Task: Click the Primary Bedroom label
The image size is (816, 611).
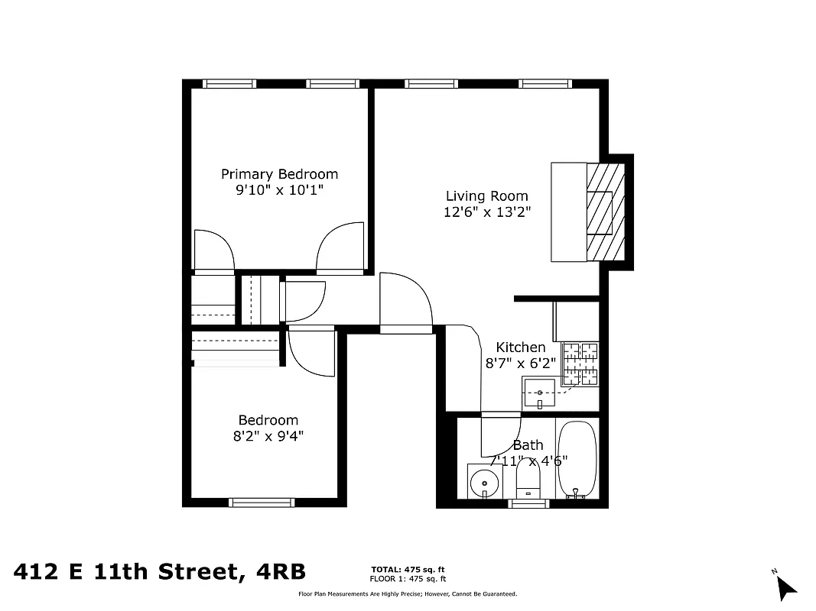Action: tap(279, 174)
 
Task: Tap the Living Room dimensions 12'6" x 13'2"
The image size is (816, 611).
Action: tap(486, 212)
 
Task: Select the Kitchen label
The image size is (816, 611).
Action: tap(521, 348)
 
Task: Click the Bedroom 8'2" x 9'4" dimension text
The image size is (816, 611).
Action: tap(268, 437)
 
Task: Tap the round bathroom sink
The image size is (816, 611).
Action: tap(483, 483)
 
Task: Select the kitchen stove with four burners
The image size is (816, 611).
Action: tap(580, 364)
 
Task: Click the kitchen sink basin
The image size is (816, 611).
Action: tap(540, 393)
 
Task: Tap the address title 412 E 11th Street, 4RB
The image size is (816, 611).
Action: tap(160, 571)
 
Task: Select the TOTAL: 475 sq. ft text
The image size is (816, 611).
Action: tap(408, 570)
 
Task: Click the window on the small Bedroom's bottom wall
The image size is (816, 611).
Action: tap(262, 503)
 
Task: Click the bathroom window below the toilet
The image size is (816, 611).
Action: tap(528, 503)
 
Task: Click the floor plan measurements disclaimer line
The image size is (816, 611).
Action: tap(407, 593)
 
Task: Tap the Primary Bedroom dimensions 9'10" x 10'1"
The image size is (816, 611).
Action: tap(279, 190)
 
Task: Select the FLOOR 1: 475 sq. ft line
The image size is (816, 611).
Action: tap(408, 579)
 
